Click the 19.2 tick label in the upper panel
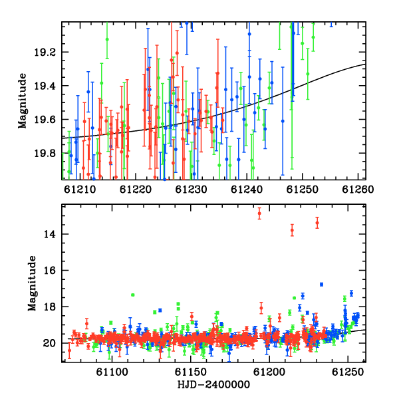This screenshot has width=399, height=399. coord(45,53)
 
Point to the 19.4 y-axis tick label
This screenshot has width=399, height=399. coord(45,86)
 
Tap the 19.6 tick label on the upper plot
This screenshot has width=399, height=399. coord(45,120)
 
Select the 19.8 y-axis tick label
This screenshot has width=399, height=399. coord(45,153)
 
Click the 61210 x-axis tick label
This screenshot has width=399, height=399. coord(80,190)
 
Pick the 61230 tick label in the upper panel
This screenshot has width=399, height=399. coord(191,190)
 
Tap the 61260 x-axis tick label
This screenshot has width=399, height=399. coord(358,190)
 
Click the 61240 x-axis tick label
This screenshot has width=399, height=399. coord(247,190)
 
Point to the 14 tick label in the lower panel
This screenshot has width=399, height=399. coord(50,234)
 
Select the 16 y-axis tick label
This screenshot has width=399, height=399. coord(50,270)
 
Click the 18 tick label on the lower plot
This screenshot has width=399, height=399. coord(50,307)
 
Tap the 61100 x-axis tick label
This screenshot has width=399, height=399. coord(112,372)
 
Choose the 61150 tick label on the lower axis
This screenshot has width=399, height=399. coord(191,372)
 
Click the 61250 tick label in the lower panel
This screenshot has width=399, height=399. coord(348,372)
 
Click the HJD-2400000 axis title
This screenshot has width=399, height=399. coord(213,384)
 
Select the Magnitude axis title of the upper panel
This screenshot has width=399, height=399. coord(23,101)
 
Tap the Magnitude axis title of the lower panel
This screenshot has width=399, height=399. coord(32,283)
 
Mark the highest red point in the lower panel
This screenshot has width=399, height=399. coord(259,213)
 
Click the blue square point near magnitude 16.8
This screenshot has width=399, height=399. coord(321,285)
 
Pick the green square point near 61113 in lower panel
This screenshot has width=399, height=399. coord(132,295)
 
